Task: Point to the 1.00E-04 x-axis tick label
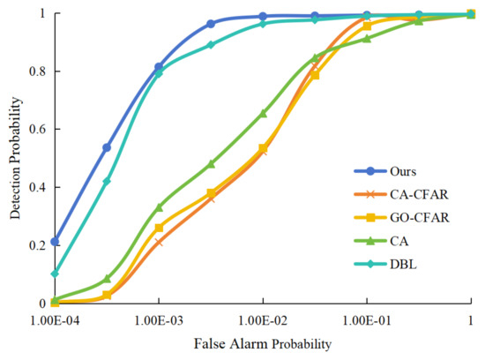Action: [x=54, y=319]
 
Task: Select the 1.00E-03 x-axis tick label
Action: [x=158, y=319]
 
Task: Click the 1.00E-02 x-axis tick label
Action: [x=263, y=319]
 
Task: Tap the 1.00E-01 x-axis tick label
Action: [x=367, y=319]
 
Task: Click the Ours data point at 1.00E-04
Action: [x=55, y=241]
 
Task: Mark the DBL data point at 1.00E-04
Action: [x=55, y=273]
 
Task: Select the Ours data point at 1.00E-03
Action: [x=159, y=67]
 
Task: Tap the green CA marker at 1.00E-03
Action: [x=159, y=207]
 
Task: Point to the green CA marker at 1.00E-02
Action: [x=263, y=113]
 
